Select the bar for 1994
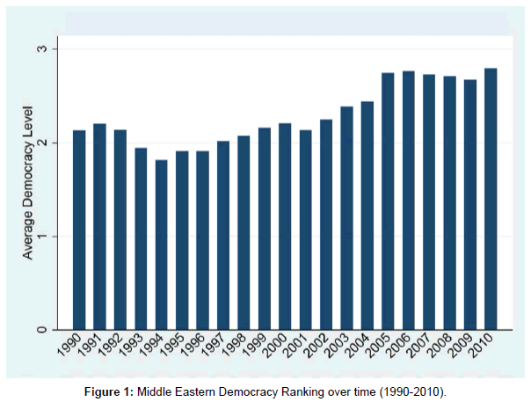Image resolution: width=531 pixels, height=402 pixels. (x=162, y=245)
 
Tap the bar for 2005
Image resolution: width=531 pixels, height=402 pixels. (x=388, y=201)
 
